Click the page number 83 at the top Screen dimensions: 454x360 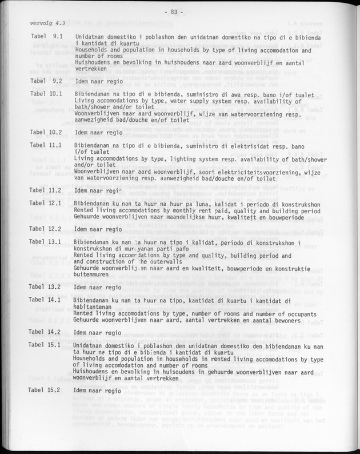pyautogui.click(x=184, y=12)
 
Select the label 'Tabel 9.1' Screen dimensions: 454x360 pyautogui.click(x=46, y=36)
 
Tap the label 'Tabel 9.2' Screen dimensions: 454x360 pyautogui.click(x=46, y=81)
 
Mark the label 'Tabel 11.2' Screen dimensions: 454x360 pyautogui.click(x=46, y=190)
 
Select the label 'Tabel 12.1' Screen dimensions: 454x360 pyautogui.click(x=46, y=204)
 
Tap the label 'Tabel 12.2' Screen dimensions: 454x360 pyautogui.click(x=46, y=229)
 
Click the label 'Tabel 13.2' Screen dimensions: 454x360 pyautogui.click(x=46, y=286)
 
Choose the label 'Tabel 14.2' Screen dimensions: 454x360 pyautogui.click(x=46, y=332)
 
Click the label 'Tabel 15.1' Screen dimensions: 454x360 pyautogui.click(x=46, y=345)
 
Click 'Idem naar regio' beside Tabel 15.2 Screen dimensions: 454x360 pyautogui.click(x=98, y=391)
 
